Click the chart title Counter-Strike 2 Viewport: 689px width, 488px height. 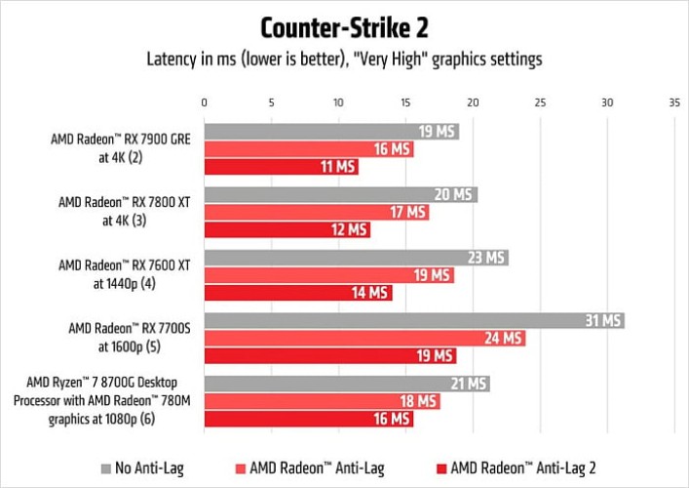click(x=344, y=25)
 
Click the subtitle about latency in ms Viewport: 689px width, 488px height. click(x=344, y=59)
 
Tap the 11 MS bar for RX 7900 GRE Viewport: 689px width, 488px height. click(x=281, y=167)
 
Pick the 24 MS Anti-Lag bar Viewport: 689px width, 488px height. click(x=364, y=339)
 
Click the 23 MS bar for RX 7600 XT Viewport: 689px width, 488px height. click(x=356, y=258)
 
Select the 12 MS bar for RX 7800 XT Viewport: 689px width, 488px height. click(x=287, y=229)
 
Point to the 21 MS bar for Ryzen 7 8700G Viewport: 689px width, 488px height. click(x=346, y=384)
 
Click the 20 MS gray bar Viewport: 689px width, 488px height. click(x=340, y=194)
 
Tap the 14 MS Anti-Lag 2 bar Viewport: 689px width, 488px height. click(x=297, y=293)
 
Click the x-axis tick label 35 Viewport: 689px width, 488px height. click(x=673, y=102)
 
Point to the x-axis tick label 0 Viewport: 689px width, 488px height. click(x=204, y=102)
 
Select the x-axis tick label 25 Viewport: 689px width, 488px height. click(x=539, y=102)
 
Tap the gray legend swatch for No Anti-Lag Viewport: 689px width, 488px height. click(x=105, y=466)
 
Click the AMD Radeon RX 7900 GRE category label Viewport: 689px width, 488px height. click(x=120, y=148)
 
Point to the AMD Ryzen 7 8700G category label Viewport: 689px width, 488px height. click(x=116, y=401)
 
